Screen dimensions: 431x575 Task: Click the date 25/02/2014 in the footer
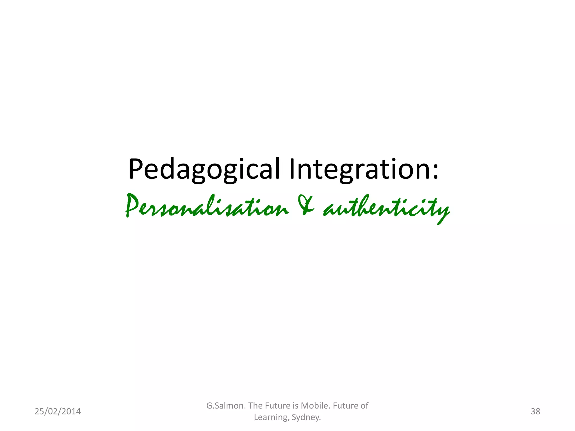tap(58, 411)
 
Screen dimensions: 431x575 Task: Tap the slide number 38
tap(535, 411)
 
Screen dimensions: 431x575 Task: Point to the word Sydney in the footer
tap(306, 417)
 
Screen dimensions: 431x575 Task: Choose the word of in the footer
tap(364, 405)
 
